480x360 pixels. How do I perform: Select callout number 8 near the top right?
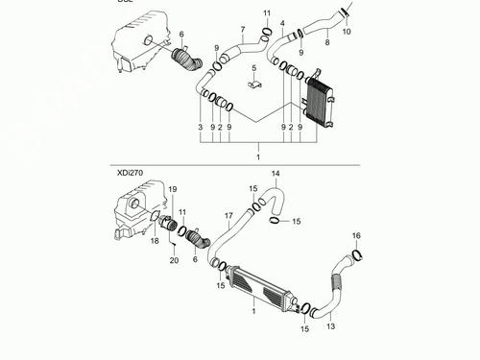click(x=326, y=42)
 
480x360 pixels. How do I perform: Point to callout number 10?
click(x=347, y=32)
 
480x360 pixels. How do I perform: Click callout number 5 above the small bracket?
click(x=253, y=68)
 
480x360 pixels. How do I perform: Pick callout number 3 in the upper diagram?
click(x=201, y=127)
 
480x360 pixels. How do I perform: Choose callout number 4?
click(x=282, y=22)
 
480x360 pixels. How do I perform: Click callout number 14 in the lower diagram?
click(x=275, y=174)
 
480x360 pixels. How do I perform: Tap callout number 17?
click(x=229, y=216)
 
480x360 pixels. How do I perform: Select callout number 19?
click(x=173, y=190)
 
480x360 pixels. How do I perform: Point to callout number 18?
click(x=153, y=243)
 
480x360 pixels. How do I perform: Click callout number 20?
click(x=174, y=260)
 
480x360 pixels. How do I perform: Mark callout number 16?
click(x=356, y=235)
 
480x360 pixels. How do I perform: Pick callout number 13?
click(x=331, y=326)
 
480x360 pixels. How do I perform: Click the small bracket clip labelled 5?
click(x=255, y=86)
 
